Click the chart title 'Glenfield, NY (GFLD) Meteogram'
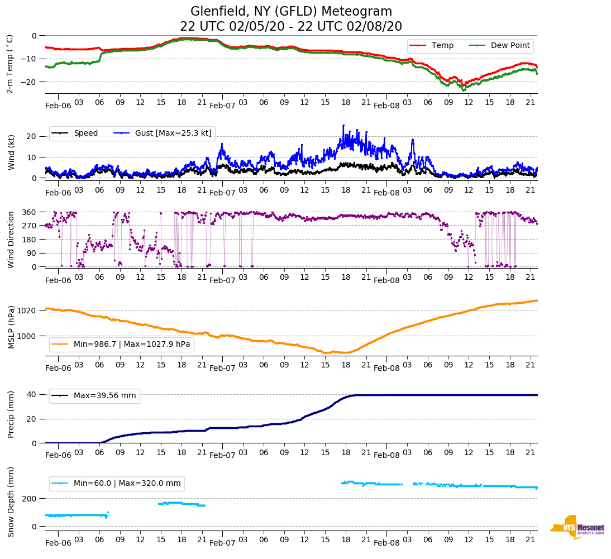tap(291, 11)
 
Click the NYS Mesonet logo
tap(577, 527)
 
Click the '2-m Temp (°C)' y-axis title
tap(10, 64)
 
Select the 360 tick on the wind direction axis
tap(30, 212)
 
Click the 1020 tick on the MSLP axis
tap(28, 310)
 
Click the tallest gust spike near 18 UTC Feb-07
tap(343, 126)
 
